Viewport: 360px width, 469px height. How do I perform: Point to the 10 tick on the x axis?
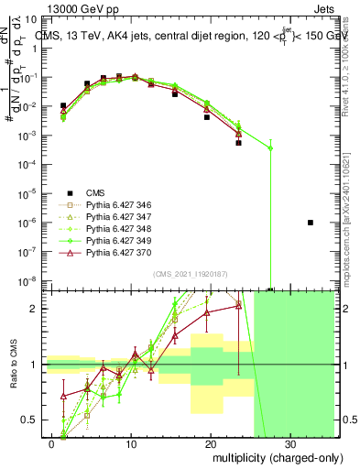click(x=132, y=442)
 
